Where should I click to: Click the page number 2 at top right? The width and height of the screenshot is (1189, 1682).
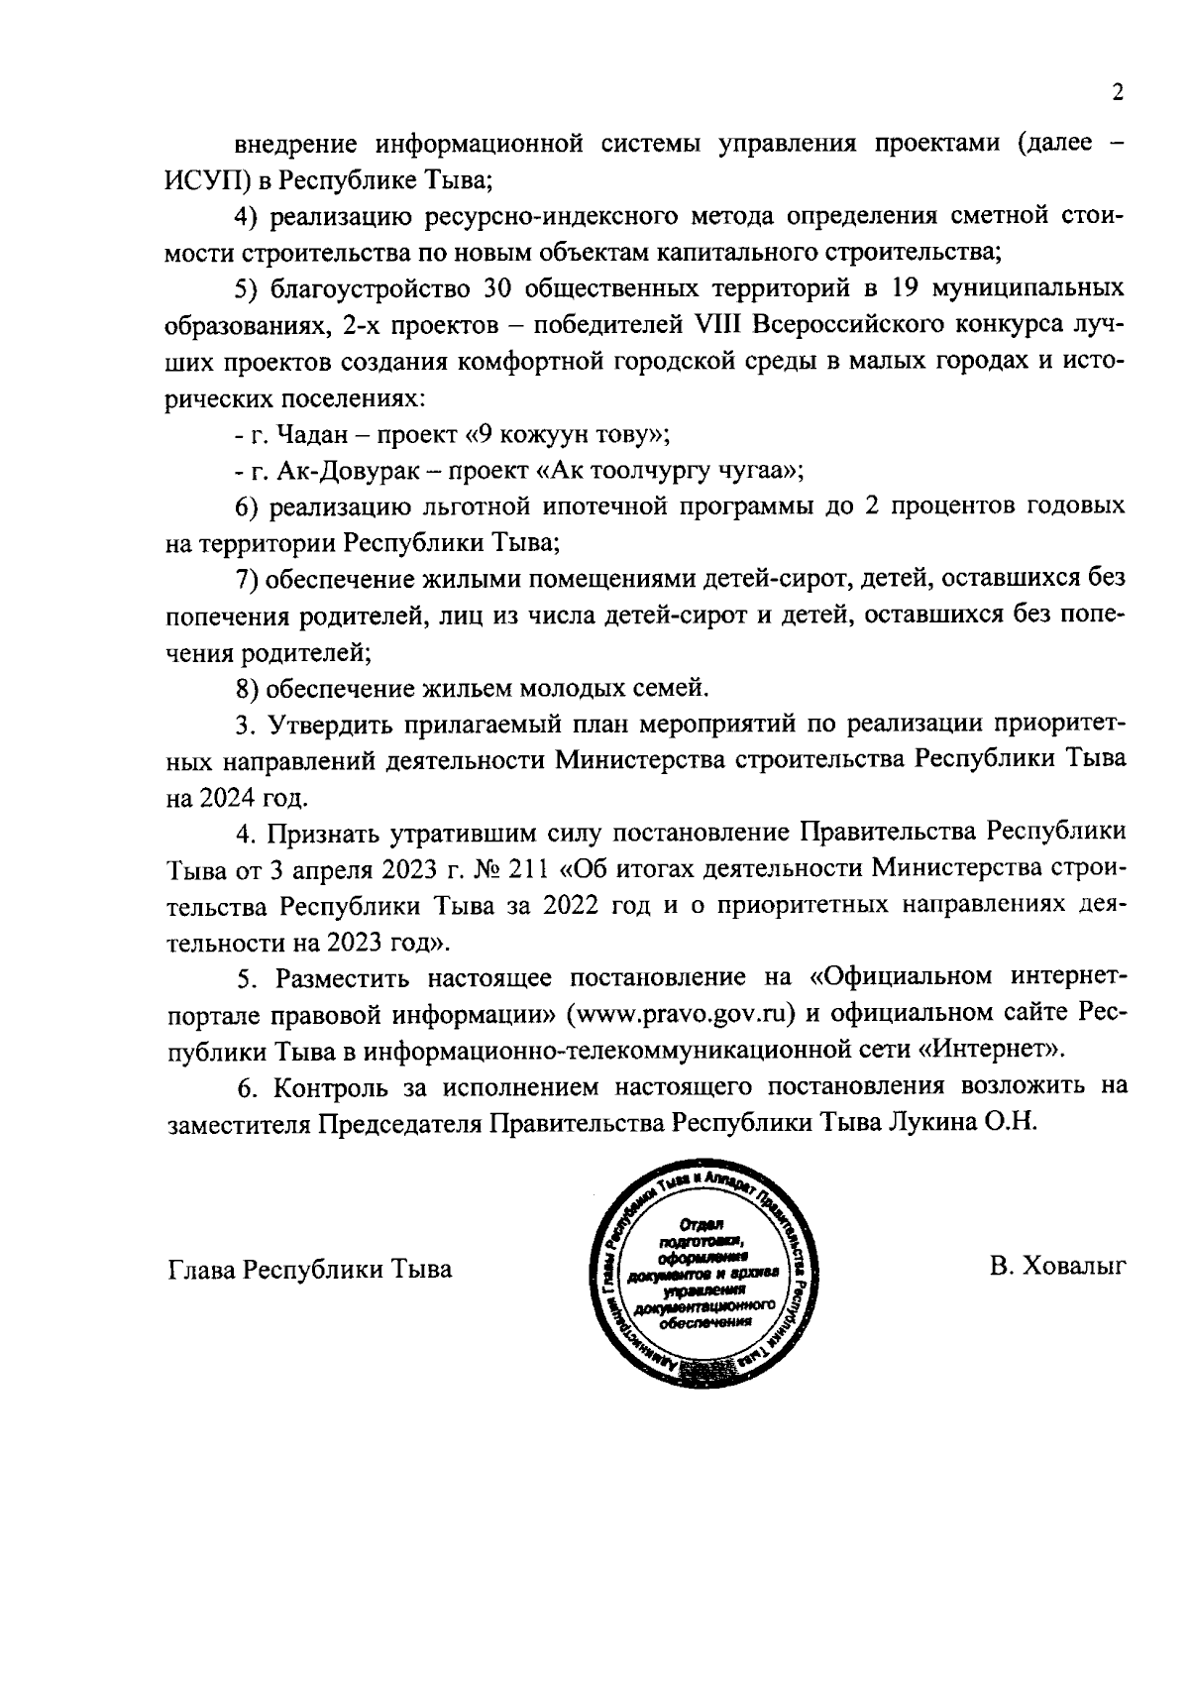pyautogui.click(x=1118, y=92)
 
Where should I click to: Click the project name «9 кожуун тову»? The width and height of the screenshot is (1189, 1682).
pyautogui.click(x=563, y=433)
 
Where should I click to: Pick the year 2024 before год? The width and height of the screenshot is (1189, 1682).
pyautogui.click(x=236, y=796)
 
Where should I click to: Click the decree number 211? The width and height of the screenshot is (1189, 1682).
pyautogui.click(x=529, y=868)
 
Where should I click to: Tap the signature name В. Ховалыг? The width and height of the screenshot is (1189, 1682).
pyautogui.click(x=1057, y=1268)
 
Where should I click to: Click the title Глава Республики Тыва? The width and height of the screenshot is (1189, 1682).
pyautogui.click(x=309, y=1269)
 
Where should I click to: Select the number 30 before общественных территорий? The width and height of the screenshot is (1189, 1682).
pyautogui.click(x=497, y=288)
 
